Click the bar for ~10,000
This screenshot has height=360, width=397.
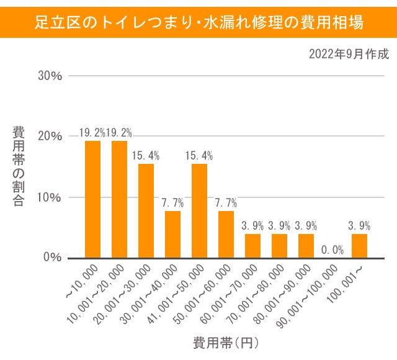[92, 199]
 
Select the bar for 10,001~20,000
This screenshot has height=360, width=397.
[119, 199]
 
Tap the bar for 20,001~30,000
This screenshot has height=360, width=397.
[146, 211]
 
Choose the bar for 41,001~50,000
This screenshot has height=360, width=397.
[199, 211]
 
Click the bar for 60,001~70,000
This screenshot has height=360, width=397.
[252, 246]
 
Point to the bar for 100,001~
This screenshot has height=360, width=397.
[359, 246]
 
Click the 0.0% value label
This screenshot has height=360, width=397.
[332, 250]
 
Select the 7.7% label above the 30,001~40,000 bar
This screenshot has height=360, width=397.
[173, 202]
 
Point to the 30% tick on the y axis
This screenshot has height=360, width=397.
[50, 76]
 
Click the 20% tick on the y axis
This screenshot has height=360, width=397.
[50, 137]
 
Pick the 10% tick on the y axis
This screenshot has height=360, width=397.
[50, 197]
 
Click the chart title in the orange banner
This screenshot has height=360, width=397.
[198, 22]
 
